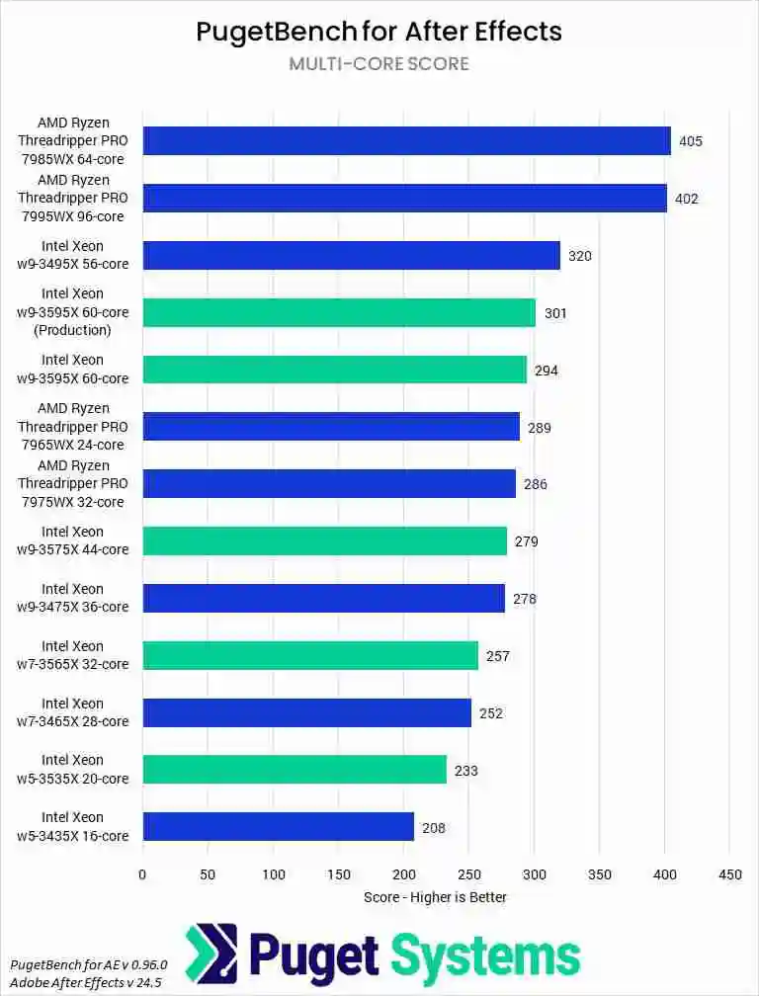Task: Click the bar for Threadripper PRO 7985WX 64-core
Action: (x=406, y=140)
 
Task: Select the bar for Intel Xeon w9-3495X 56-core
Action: (x=351, y=255)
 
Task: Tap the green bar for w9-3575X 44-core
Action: (x=324, y=540)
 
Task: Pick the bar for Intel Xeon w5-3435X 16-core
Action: (x=278, y=826)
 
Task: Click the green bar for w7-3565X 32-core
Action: (x=310, y=655)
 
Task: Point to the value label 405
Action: (x=691, y=141)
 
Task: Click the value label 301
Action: (x=555, y=313)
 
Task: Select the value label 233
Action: (x=466, y=770)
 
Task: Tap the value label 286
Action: (x=536, y=484)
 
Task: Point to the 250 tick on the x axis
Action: (x=468, y=873)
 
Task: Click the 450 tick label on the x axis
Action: (x=728, y=873)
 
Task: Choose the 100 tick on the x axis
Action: (x=273, y=873)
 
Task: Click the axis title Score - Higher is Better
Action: (x=435, y=896)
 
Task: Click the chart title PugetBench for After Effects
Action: (x=379, y=31)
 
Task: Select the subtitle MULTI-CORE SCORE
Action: (x=379, y=64)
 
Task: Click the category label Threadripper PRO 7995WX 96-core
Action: (x=73, y=198)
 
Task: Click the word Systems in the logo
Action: (x=485, y=955)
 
